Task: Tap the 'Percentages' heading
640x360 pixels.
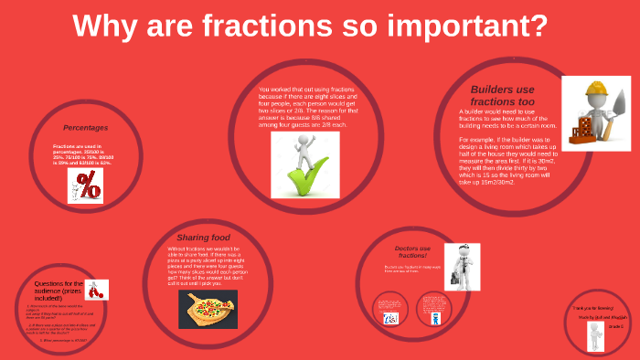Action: [x=85, y=128]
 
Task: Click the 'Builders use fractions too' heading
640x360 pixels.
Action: [x=502, y=96]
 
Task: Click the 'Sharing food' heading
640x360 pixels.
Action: [x=203, y=237]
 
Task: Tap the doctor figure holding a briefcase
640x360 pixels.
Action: [x=463, y=266]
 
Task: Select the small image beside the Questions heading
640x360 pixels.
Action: [x=97, y=290]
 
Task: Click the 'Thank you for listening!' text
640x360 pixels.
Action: [x=593, y=308]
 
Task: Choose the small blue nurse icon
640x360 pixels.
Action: [x=390, y=317]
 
